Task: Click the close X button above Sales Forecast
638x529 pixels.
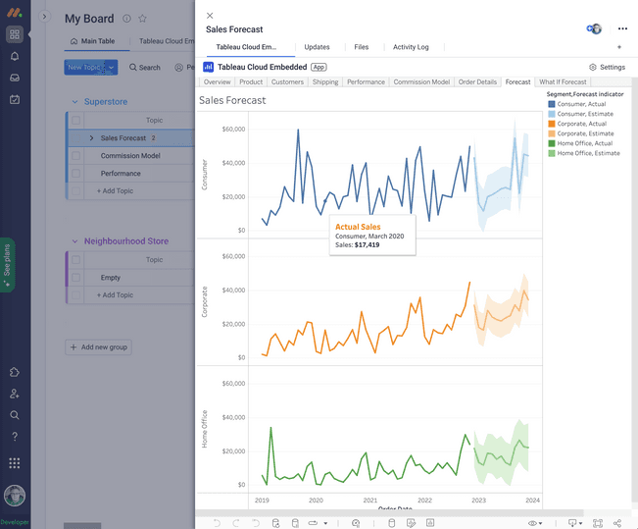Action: pyautogui.click(x=210, y=16)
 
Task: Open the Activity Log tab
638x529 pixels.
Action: pyautogui.click(x=411, y=47)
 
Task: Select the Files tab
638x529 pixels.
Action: pyautogui.click(x=361, y=47)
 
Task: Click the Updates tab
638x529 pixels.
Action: pyautogui.click(x=317, y=47)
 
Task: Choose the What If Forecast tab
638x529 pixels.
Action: pyautogui.click(x=563, y=82)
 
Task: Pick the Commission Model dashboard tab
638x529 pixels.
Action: pyautogui.click(x=421, y=82)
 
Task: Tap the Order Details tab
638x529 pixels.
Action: pyautogui.click(x=477, y=82)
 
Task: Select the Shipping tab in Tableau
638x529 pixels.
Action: pyautogui.click(x=325, y=82)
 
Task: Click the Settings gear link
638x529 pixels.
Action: pyautogui.click(x=607, y=68)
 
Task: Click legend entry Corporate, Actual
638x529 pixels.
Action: pyautogui.click(x=582, y=124)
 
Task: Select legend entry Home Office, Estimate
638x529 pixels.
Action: pyautogui.click(x=588, y=153)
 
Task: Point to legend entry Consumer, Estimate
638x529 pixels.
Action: pyautogui.click(x=586, y=114)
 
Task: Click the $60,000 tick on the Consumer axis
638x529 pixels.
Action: pyautogui.click(x=233, y=129)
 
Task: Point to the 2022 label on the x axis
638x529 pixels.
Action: pyautogui.click(x=424, y=501)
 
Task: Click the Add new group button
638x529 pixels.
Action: pyautogui.click(x=98, y=347)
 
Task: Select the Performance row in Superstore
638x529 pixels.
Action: pyautogui.click(x=121, y=174)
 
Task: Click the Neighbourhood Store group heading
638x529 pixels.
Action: pyautogui.click(x=125, y=241)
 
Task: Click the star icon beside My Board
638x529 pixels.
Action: pyautogui.click(x=142, y=19)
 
